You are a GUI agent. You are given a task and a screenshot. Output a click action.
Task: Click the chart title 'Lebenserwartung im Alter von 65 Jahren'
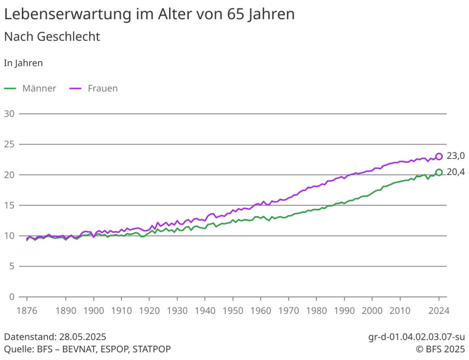coord(149,14)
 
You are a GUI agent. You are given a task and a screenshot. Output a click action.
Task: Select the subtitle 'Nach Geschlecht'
coord(52,37)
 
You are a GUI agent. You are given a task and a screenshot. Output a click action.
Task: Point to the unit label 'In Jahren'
coord(23,63)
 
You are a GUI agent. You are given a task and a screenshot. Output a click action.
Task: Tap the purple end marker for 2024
coord(439,156)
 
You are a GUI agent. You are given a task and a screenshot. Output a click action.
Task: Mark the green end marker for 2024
coord(439,172)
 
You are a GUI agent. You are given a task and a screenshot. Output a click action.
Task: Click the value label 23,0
coord(455,156)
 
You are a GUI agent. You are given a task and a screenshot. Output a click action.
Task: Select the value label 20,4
coord(455,172)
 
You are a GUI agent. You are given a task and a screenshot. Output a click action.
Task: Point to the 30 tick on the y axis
coord(9,114)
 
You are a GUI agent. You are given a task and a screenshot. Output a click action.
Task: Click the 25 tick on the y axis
coord(9,144)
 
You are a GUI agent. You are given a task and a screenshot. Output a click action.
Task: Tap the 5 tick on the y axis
coord(11,267)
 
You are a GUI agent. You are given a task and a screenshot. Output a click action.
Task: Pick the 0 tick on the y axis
coord(11,297)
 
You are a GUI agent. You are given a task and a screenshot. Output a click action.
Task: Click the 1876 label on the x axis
coord(27,311)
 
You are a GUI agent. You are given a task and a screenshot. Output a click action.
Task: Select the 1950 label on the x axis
coord(233,311)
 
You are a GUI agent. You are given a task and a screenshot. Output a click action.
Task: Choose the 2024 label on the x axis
coord(439,311)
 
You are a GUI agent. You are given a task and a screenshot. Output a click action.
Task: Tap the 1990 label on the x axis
coord(344,311)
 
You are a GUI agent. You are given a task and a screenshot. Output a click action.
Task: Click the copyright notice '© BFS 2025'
coord(440,349)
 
